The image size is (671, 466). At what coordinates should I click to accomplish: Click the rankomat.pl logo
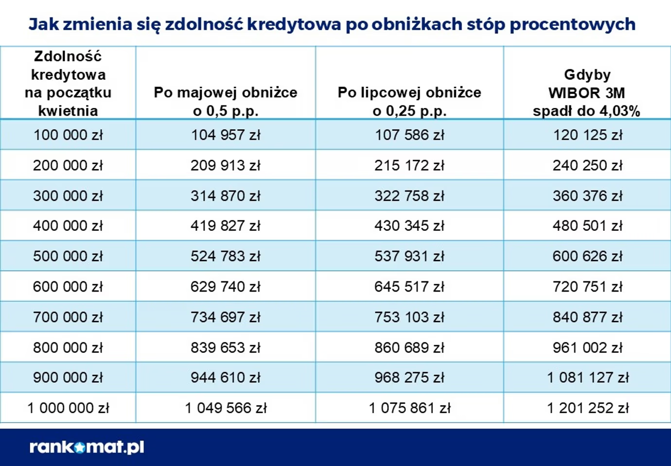87,447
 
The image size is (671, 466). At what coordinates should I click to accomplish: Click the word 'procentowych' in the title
572,24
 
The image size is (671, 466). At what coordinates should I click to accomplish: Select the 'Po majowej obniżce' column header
226,101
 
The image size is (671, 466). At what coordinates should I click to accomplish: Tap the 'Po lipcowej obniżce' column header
409,101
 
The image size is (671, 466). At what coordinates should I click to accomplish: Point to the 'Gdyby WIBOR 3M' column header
587,92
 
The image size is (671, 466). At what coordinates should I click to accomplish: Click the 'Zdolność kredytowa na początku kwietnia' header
68,83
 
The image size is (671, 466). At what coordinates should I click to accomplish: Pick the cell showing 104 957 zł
226,135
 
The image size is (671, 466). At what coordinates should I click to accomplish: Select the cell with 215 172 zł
409,165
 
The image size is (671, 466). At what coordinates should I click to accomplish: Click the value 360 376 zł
587,196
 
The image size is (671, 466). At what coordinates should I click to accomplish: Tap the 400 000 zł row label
68,226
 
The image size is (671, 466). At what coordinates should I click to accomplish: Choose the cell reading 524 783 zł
226,256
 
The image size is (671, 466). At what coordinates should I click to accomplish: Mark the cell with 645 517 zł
409,287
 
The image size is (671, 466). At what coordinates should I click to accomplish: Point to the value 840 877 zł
587,317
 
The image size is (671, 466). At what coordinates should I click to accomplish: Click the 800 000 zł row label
68,347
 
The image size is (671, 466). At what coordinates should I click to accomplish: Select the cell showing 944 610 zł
226,378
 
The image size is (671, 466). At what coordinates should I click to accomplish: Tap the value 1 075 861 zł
409,408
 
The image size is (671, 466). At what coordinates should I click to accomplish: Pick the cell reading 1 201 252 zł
587,408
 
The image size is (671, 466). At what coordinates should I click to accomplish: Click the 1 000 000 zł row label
68,408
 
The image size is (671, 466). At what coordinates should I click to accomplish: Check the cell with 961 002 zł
587,347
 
